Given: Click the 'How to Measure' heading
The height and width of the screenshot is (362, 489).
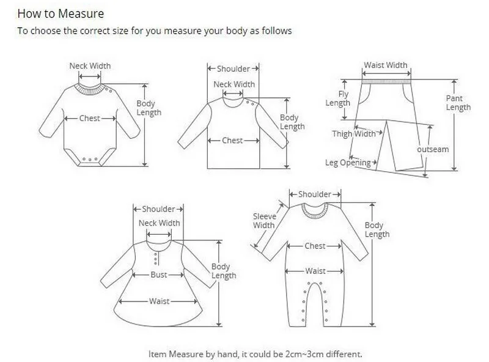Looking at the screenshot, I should (60, 13).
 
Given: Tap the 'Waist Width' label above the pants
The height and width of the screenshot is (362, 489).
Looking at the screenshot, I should (386, 65).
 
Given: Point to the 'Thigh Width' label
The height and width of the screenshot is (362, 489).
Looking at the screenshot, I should (354, 134).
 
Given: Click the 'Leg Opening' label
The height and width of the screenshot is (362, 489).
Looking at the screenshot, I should (348, 163).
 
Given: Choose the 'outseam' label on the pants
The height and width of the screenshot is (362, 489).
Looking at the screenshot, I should (433, 149).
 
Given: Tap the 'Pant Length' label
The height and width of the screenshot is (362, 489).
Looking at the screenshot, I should (458, 103).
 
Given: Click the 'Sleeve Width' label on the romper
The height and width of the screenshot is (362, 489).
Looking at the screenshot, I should (264, 221).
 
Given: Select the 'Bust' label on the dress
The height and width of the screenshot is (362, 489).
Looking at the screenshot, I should (159, 275).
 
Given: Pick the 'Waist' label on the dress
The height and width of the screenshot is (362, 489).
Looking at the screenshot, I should (160, 301).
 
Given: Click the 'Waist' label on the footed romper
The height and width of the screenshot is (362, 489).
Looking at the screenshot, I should (315, 271).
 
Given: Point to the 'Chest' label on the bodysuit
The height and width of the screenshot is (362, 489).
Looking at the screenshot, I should (90, 119).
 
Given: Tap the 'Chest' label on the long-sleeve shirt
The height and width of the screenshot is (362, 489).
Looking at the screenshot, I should (232, 141).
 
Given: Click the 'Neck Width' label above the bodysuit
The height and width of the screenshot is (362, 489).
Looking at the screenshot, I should (90, 66).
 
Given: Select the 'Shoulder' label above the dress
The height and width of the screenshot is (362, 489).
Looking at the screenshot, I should (159, 209).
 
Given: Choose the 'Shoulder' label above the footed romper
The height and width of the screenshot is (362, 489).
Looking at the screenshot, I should (315, 194).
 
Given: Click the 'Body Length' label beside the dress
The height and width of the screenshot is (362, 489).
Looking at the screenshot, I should (224, 271).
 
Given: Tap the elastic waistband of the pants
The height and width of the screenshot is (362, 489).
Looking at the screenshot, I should (386, 79).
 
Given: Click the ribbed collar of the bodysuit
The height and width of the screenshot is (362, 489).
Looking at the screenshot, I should (90, 89).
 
